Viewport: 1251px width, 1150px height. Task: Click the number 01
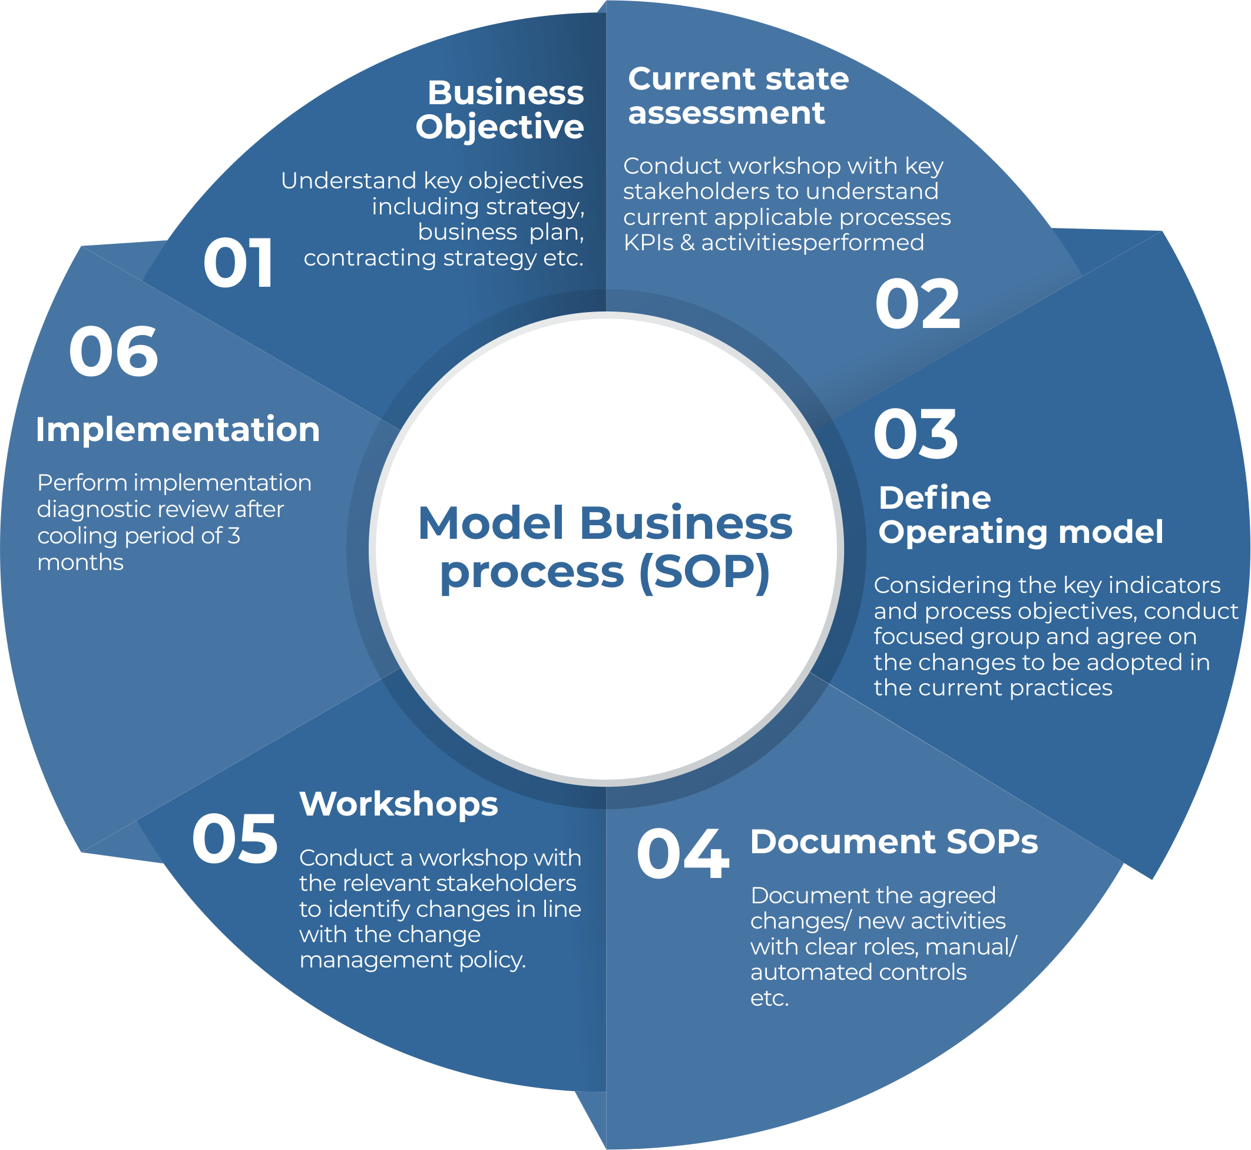239,264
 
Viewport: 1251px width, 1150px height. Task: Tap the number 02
918,304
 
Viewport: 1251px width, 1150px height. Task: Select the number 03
915,435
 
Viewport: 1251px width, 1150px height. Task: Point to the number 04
682,854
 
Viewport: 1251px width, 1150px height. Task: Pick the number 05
234,840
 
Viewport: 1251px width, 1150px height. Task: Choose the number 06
113,352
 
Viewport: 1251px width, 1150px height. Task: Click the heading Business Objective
501,110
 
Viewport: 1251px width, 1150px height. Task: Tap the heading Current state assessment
738,96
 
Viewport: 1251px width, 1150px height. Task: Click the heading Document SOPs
893,842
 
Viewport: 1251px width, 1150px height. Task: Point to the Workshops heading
398,804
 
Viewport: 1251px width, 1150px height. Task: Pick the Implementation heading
178,429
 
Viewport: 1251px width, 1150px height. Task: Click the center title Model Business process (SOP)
605,547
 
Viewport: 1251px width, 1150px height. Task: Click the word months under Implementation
80,563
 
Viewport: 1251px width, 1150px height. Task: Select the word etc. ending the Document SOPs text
769,999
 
